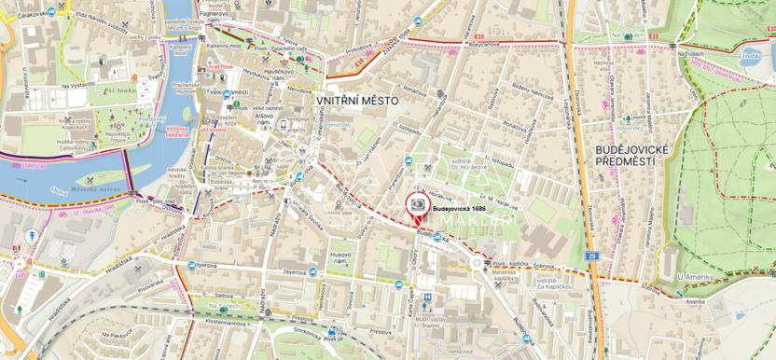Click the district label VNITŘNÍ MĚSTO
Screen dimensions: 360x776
tap(357, 100)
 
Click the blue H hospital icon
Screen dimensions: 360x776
tap(427, 298)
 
